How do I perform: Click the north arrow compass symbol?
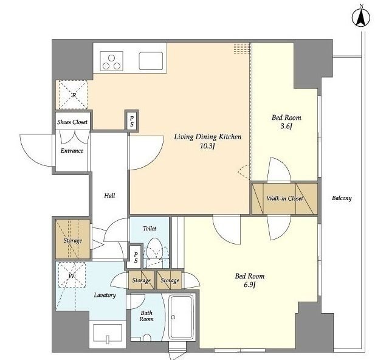361,18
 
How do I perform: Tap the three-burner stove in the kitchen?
112,61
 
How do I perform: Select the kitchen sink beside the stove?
151,61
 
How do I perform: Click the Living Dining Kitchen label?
207,137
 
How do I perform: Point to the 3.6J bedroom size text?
286,126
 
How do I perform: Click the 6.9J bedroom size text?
250,285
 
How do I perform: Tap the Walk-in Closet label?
285,198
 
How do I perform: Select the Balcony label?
342,198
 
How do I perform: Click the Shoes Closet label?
72,122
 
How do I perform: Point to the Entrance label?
72,151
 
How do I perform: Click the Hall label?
109,196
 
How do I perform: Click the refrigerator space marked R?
73,95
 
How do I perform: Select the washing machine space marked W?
72,275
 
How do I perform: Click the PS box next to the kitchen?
132,122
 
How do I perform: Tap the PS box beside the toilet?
136,257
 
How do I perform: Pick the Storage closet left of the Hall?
73,239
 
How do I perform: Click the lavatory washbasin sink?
108,334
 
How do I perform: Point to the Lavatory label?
105,295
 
